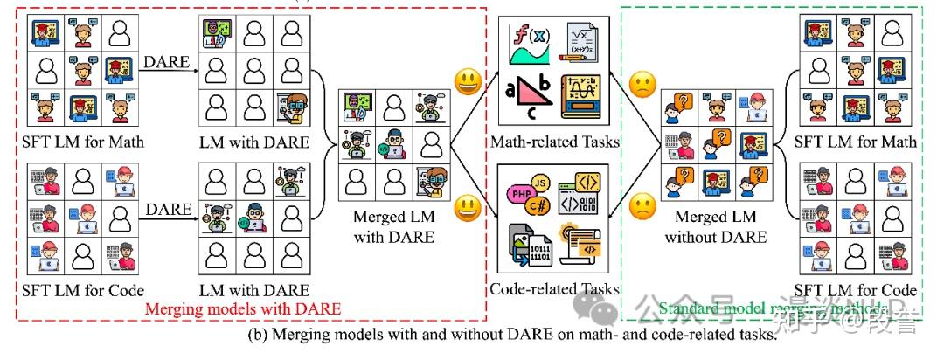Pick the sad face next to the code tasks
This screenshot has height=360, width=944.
[x=642, y=208]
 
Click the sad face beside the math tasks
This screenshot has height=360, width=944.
[x=642, y=86]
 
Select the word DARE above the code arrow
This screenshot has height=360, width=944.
[x=168, y=209]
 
